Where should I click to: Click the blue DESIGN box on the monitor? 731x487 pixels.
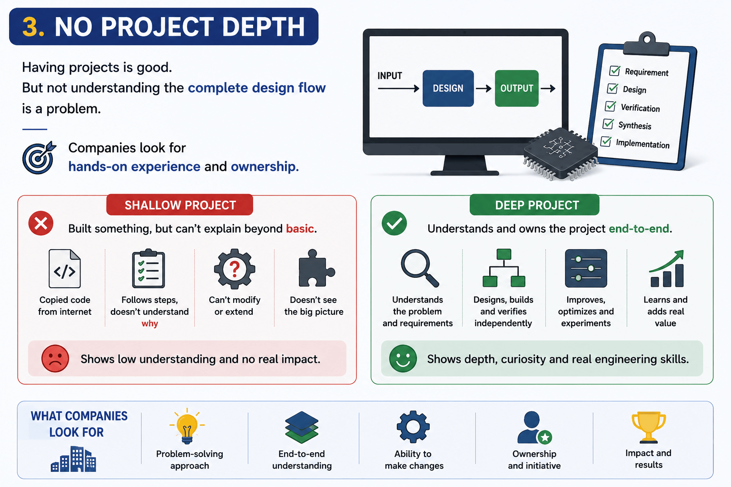pyautogui.click(x=448, y=88)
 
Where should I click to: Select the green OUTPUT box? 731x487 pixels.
pyautogui.click(x=516, y=88)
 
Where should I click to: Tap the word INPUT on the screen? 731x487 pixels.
pyautogui.click(x=390, y=76)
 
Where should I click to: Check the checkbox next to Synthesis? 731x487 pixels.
pyautogui.click(x=608, y=124)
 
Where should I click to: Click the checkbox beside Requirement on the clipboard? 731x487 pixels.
pyautogui.click(x=614, y=70)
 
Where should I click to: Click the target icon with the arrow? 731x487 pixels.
pyautogui.click(x=39, y=157)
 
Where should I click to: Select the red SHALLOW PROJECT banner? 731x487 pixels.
pyautogui.click(x=180, y=205)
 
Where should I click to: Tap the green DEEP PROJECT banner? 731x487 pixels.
pyautogui.click(x=534, y=205)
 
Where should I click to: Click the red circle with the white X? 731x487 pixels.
pyautogui.click(x=41, y=224)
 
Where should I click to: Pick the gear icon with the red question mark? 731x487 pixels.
pyautogui.click(x=234, y=269)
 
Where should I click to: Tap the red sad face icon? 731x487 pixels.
pyautogui.click(x=55, y=359)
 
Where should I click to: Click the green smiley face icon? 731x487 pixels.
pyautogui.click(x=403, y=359)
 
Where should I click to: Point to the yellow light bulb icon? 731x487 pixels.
pyautogui.click(x=187, y=426)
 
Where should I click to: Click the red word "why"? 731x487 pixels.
pyautogui.click(x=150, y=323)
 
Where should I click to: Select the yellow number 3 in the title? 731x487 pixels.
pyautogui.click(x=33, y=27)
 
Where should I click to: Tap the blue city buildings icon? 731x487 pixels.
pyautogui.click(x=73, y=459)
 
